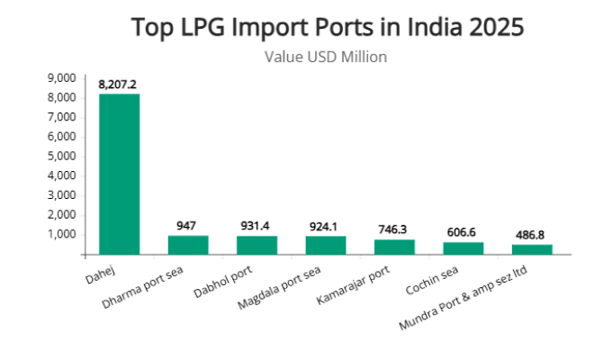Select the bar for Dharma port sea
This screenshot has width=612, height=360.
click(x=188, y=245)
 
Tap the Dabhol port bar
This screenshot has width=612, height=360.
click(x=256, y=245)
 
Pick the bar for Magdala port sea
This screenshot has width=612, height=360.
click(x=326, y=245)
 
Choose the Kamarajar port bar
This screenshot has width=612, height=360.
click(x=394, y=247)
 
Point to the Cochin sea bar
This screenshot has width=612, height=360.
click(x=463, y=248)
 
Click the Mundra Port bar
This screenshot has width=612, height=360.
click(x=532, y=249)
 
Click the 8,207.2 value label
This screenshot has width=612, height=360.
click(x=119, y=85)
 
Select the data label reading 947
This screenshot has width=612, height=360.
click(x=188, y=225)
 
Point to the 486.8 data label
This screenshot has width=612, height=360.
click(x=532, y=235)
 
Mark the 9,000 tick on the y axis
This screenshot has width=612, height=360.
click(x=61, y=78)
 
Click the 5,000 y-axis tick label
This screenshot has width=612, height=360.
click(x=61, y=157)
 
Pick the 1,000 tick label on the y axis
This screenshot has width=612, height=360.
click(x=61, y=235)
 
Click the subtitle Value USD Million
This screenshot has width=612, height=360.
click(x=325, y=57)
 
